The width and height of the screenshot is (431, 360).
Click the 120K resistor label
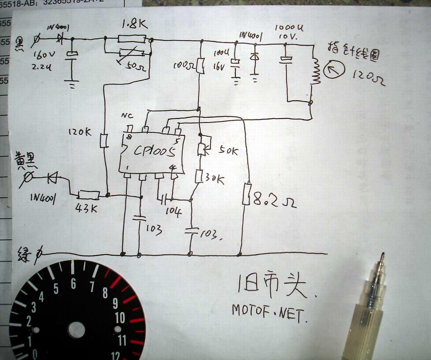point(80,132)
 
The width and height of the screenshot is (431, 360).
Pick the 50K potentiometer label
point(228,151)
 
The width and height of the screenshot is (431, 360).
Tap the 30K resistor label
point(215,180)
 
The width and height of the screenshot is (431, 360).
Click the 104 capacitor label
point(173,211)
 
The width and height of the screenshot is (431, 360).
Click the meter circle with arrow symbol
point(335,71)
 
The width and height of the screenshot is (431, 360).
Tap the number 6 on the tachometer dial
point(73,284)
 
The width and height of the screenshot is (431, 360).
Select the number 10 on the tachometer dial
point(120,318)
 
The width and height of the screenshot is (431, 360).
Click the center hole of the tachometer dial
point(76,330)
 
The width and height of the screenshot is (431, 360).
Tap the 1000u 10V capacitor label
point(289,32)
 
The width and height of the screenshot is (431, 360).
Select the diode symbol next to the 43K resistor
point(53,178)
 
